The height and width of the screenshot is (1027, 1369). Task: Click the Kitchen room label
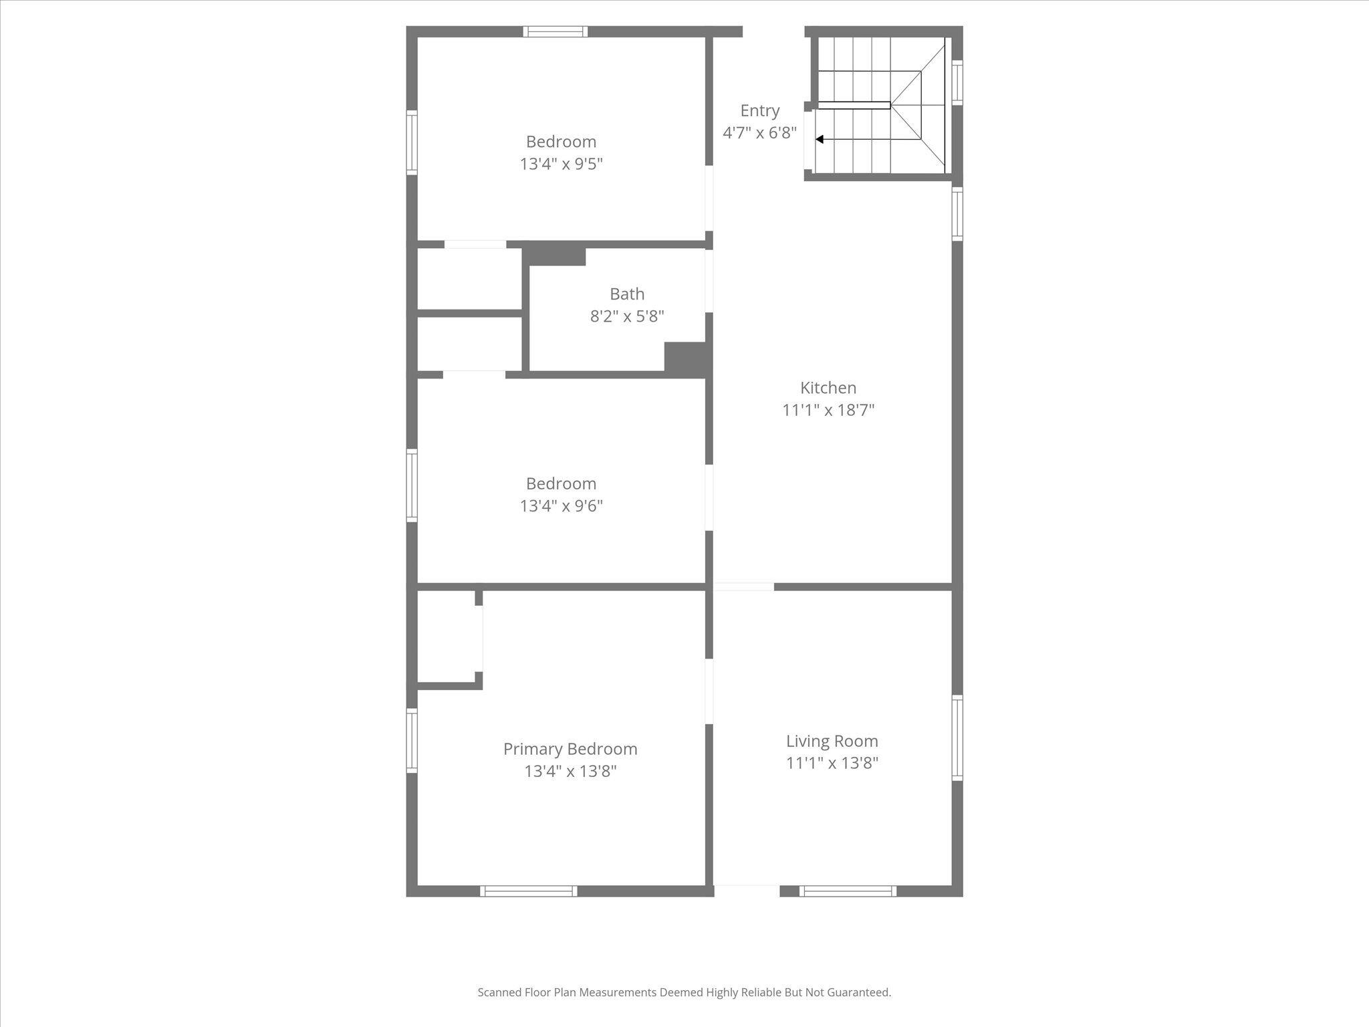828,388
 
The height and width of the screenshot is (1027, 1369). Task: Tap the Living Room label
832,741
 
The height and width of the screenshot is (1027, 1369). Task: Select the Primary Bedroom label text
570,749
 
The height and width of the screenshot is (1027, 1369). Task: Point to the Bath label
627,294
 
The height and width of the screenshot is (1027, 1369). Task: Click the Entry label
760,111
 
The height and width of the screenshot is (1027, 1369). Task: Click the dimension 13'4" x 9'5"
562,164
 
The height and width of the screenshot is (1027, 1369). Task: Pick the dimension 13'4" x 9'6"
562,505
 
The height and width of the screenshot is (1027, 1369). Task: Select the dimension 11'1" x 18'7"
828,410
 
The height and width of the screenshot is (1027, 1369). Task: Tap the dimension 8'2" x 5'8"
627,316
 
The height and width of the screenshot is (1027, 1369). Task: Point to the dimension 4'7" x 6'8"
760,132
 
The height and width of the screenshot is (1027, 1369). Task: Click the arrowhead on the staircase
819,140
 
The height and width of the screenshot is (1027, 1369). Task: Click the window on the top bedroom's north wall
555,31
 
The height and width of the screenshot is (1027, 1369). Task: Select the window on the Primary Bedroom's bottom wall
528,891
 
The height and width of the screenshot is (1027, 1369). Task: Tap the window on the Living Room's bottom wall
848,891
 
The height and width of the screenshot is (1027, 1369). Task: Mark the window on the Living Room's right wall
957,737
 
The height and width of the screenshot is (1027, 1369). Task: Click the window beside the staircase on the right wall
957,82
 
